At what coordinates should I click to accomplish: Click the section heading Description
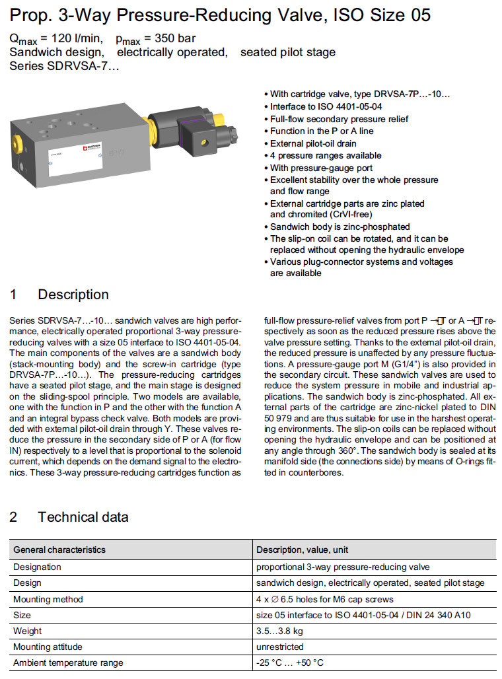coord(73,295)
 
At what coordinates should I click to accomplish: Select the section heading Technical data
coord(83,517)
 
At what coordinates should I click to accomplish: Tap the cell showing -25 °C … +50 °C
coord(290,662)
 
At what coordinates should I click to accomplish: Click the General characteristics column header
coord(59,550)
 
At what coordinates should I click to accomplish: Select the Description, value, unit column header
coord(303,550)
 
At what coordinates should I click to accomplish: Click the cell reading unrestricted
coord(280,647)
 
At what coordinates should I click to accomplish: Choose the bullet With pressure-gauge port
coord(321,168)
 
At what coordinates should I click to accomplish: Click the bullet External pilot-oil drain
coord(313,143)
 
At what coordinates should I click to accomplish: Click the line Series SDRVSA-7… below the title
coord(65,66)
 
